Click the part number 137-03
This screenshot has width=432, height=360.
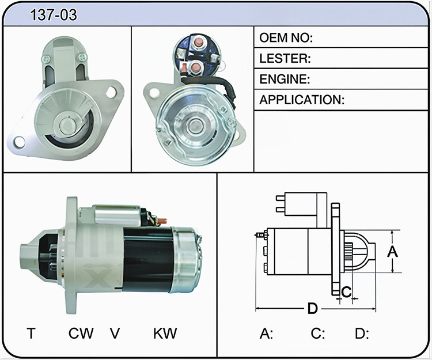click(54, 15)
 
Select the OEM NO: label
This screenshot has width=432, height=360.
click(286, 38)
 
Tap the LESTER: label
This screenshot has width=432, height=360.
click(285, 58)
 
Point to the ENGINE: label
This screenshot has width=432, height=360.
click(285, 79)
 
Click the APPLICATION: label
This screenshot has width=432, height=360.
click(302, 100)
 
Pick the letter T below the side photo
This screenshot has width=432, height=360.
click(31, 334)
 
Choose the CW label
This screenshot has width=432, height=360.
click(81, 334)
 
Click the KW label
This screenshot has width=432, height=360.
click(165, 334)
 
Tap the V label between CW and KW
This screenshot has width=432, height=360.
click(115, 334)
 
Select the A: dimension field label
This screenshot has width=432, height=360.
click(266, 334)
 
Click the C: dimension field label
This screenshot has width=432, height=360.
click(317, 334)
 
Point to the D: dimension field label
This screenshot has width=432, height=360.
click(362, 334)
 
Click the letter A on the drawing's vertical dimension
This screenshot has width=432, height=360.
click(392, 252)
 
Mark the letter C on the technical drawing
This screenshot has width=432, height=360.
click(346, 291)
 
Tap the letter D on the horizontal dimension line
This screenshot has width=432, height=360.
click(313, 309)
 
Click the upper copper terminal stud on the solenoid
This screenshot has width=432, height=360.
click(198, 42)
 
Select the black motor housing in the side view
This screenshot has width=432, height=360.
click(147, 259)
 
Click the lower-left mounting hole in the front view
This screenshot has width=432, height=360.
click(19, 142)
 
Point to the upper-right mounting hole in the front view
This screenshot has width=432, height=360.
click(111, 92)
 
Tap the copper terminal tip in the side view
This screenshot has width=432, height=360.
click(162, 221)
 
